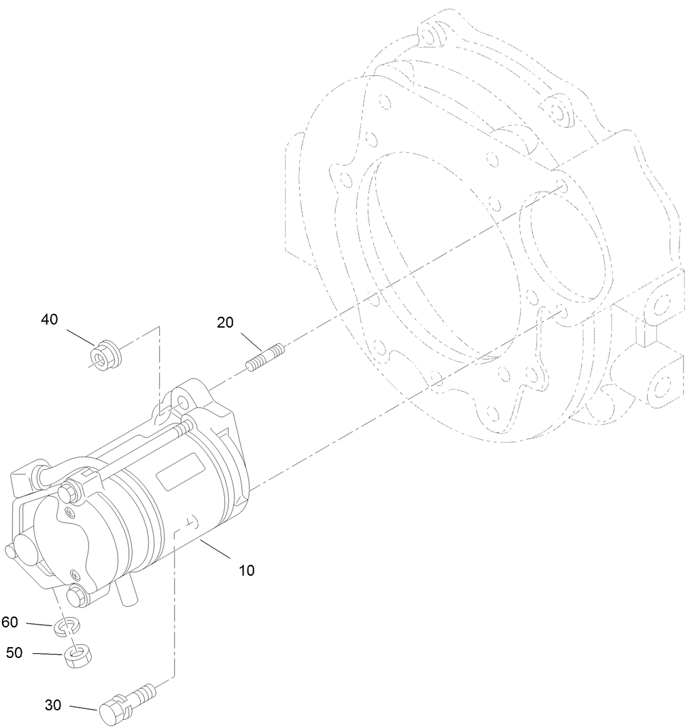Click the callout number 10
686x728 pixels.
247,570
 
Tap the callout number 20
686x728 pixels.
225,322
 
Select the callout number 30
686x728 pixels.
53,705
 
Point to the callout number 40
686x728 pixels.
50,319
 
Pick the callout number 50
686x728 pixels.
14,653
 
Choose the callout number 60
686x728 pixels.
10,622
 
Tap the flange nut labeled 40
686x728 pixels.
105,356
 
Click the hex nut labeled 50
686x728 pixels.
78,655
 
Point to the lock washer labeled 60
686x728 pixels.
67,626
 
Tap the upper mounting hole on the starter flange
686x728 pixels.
182,402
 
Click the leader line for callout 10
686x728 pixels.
215,549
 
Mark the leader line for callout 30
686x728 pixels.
84,708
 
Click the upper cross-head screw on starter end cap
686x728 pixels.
71,513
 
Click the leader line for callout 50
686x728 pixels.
48,654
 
